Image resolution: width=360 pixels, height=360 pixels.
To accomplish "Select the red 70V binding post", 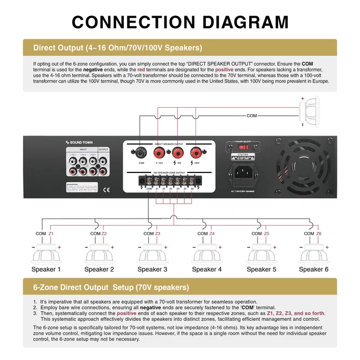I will (x=178, y=152).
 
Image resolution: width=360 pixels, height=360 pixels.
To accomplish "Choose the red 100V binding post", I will (x=197, y=152).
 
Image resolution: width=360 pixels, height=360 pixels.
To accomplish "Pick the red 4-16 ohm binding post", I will (x=160, y=152).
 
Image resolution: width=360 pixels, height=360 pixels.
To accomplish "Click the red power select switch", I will (x=243, y=146).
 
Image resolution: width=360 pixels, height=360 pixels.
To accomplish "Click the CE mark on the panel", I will (x=107, y=189).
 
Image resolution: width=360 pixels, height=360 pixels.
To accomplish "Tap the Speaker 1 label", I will (x=46, y=269).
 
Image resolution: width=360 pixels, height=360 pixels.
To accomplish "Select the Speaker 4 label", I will (x=206, y=269).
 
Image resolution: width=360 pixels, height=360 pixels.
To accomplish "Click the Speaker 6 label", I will (x=313, y=269).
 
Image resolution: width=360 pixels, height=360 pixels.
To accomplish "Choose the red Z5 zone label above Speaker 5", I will (x=266, y=234).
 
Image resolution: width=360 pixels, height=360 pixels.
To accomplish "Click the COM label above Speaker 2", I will (x=95, y=234).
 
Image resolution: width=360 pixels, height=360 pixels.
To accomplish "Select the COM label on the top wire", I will (x=252, y=115).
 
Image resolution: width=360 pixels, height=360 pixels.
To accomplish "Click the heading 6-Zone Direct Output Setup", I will (x=111, y=287).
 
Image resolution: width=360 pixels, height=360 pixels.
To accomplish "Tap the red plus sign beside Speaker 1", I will (x=59, y=247).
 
